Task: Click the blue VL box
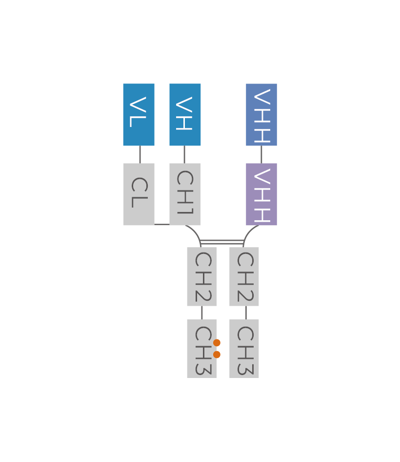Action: point(139,115)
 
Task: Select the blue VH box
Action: point(185,115)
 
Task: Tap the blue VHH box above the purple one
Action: point(261,115)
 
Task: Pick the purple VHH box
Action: point(261,194)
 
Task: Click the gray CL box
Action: point(139,194)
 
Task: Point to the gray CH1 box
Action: point(185,194)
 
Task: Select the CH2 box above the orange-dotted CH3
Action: point(201,276)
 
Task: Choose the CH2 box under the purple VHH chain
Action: point(244,276)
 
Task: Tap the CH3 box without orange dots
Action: point(244,349)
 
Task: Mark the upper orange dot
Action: point(217,343)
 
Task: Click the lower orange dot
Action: point(217,355)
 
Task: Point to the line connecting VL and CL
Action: point(140,154)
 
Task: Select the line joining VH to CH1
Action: point(184,154)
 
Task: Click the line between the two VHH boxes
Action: point(261,154)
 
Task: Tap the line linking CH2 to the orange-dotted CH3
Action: point(201,313)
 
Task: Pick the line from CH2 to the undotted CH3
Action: point(246,313)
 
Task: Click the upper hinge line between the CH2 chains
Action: point(222,240)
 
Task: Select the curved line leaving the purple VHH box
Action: point(248,231)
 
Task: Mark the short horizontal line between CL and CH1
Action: point(162,225)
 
